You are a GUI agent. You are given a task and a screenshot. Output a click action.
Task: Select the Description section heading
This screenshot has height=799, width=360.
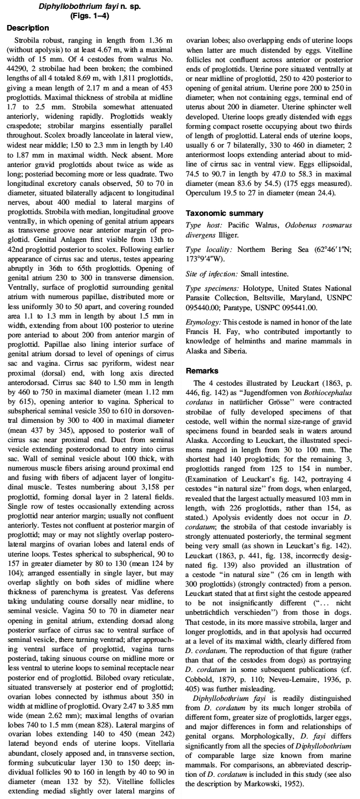pos(28,27)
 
